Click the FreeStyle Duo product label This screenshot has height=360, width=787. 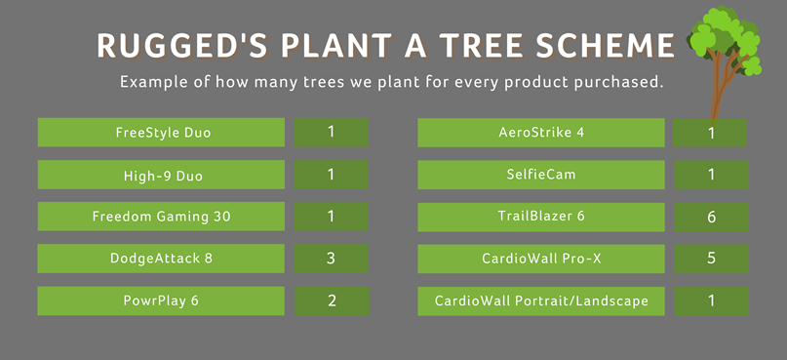point(161,133)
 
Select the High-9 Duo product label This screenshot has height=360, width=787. point(161,175)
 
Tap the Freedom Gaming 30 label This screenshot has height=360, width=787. point(161,217)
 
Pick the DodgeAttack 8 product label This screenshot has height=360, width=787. point(161,259)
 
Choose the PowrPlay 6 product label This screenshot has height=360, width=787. point(161,300)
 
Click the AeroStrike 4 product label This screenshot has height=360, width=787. point(541,133)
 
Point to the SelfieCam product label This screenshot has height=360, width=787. point(541,175)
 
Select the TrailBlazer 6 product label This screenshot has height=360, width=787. point(541,217)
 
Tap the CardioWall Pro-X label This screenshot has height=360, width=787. point(541,259)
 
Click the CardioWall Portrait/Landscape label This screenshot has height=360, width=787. point(541,301)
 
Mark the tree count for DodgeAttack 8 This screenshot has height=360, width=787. point(331,259)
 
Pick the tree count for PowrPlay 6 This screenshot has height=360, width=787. point(332,300)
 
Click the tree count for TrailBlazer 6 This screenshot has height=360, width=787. point(711,217)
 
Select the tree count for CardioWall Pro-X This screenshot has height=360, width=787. point(711,259)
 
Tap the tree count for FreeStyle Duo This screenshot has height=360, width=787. point(331,133)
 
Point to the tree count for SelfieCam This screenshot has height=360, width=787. point(711,175)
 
